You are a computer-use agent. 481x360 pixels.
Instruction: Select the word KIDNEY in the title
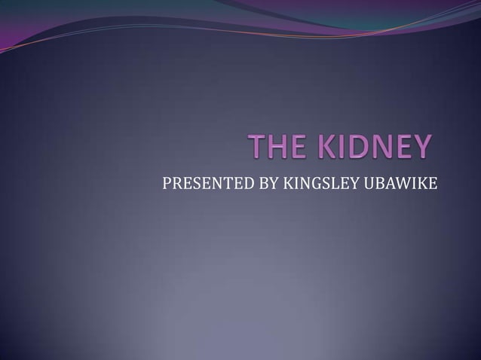click(373, 147)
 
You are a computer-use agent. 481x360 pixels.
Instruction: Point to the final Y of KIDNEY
click(422, 147)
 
